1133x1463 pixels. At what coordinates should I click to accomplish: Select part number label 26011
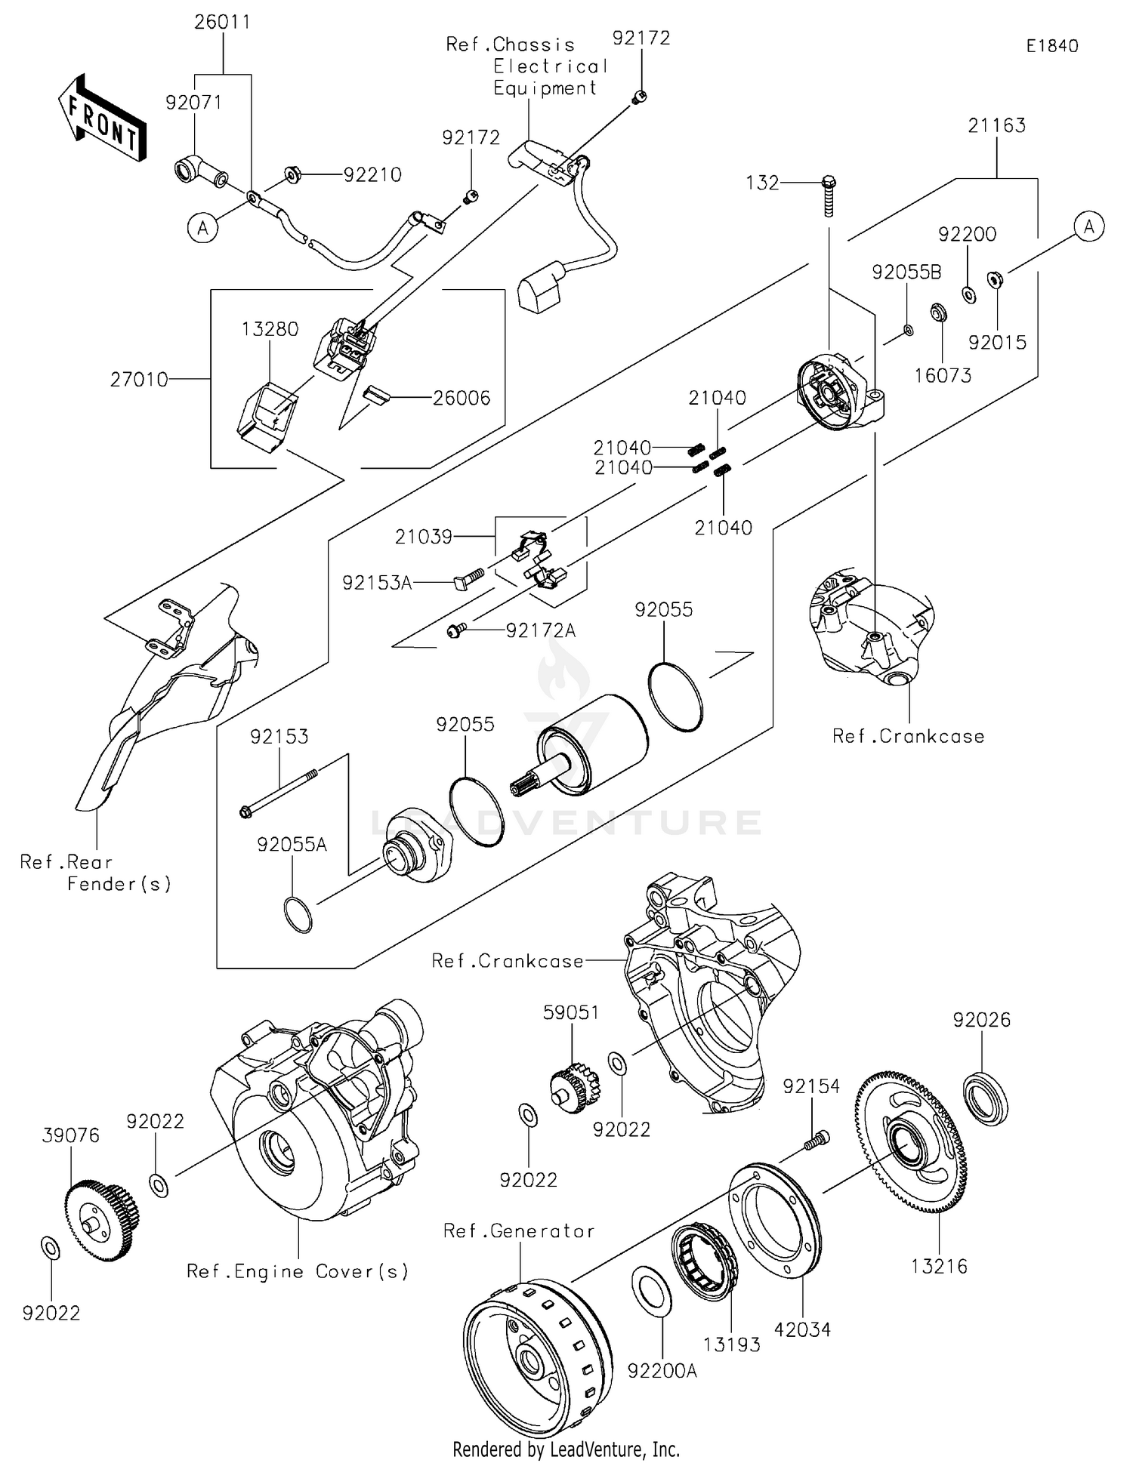[222, 22]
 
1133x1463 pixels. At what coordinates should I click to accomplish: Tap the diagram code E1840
[1051, 46]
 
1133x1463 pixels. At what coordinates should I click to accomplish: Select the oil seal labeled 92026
[986, 1098]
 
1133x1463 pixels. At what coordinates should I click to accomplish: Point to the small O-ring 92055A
[298, 914]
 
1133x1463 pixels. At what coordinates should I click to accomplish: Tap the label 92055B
[906, 273]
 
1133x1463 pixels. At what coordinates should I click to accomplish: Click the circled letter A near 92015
[1088, 226]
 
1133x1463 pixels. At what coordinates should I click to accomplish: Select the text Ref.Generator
[519, 1231]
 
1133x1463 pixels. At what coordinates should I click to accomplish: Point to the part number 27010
[139, 380]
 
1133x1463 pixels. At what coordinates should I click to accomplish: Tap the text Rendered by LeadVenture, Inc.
[566, 1449]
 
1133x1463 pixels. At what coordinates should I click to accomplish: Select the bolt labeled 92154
[815, 1140]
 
